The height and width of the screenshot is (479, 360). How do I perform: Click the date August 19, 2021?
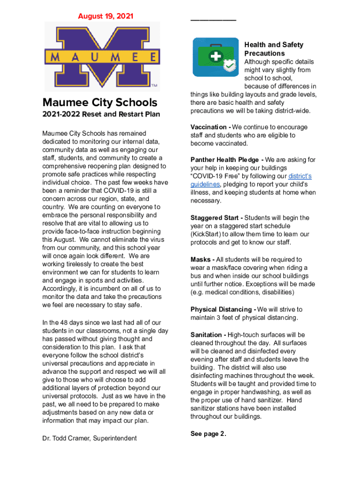pyautogui.click(x=105, y=16)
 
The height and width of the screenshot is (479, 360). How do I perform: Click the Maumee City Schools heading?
pyautogui.click(x=100, y=102)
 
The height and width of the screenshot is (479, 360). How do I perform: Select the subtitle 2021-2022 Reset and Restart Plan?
pyautogui.click(x=101, y=114)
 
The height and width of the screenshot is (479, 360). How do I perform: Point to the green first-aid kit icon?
pyautogui.click(x=215, y=57)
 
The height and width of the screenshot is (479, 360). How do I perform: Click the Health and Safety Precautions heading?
pyautogui.click(x=274, y=49)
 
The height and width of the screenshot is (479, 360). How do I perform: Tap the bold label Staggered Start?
pyautogui.click(x=215, y=218)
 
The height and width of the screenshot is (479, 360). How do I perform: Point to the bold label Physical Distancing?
pyautogui.click(x=222, y=310)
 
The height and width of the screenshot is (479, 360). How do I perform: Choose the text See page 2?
pyautogui.click(x=208, y=434)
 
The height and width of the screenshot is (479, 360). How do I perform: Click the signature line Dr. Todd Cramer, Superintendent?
pyautogui.click(x=89, y=438)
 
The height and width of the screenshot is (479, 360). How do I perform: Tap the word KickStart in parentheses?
pyautogui.click(x=208, y=234)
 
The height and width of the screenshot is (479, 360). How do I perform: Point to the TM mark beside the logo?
pyautogui.click(x=154, y=86)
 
